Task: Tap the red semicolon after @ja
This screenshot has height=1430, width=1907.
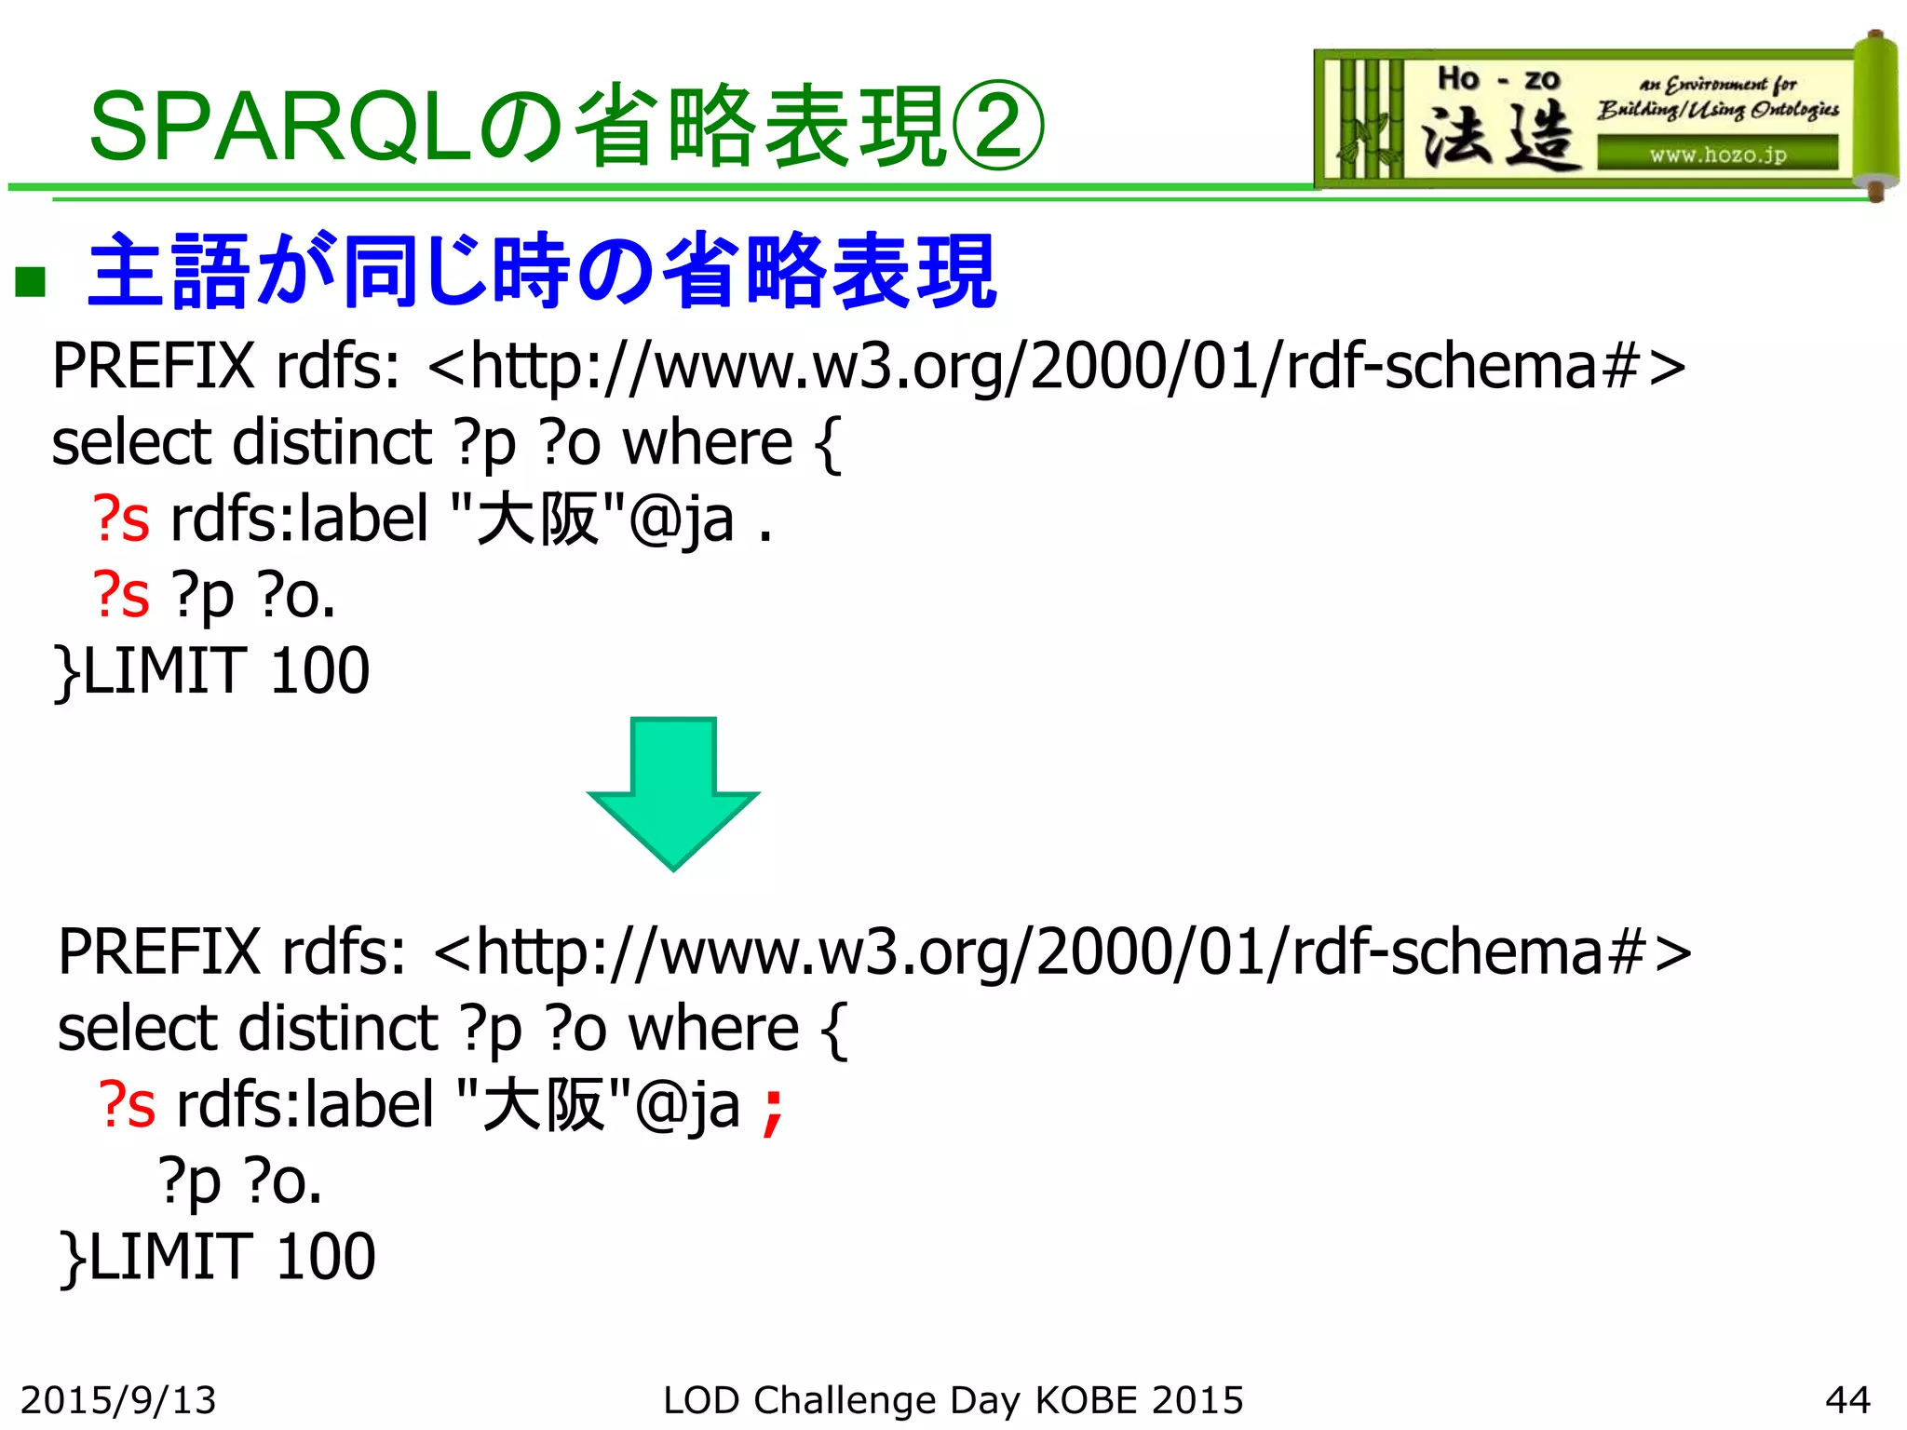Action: (772, 1111)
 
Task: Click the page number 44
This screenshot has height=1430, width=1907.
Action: (1847, 1399)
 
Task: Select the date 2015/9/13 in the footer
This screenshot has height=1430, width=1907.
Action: (118, 1399)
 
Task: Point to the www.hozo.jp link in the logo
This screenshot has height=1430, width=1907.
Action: (1718, 155)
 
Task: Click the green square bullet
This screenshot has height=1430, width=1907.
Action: (31, 279)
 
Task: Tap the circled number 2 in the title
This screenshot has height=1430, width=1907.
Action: (996, 126)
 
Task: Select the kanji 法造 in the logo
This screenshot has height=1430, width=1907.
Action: (1497, 137)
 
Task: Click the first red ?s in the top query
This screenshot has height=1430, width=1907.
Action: (121, 519)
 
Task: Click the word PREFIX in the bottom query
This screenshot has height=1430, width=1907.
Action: (159, 951)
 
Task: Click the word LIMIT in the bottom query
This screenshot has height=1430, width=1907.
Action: (169, 1256)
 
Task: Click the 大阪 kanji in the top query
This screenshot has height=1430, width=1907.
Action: (536, 519)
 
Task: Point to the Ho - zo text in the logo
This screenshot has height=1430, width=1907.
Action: (1497, 79)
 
